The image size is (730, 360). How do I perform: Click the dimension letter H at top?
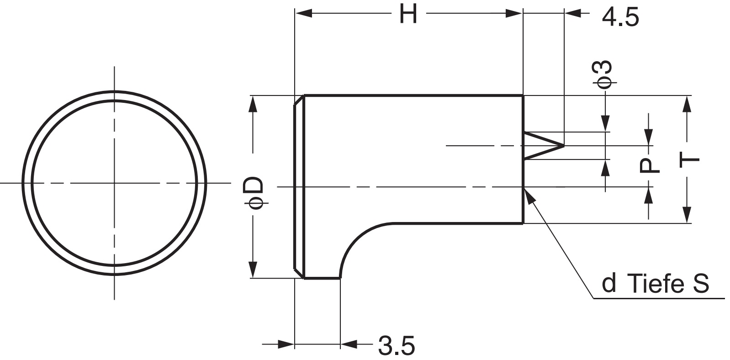(x=408, y=14)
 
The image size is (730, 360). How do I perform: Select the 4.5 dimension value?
(x=620, y=18)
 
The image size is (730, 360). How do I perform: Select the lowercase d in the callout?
(x=609, y=283)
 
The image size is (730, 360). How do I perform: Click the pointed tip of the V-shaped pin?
(x=563, y=145)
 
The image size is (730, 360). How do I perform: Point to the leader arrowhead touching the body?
(x=528, y=193)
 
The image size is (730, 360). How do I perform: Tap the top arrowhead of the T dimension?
(x=686, y=103)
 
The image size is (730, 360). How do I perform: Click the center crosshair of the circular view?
(x=114, y=183)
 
